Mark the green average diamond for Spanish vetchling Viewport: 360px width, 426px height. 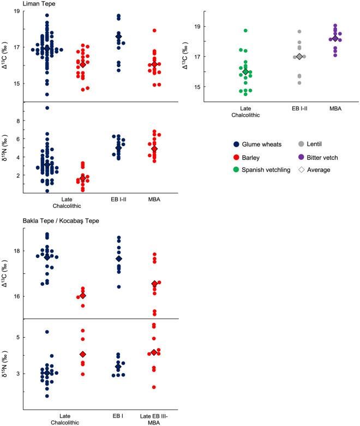[245, 72]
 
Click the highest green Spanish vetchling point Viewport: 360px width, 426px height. [245, 31]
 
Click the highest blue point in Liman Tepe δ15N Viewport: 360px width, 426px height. [47, 108]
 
